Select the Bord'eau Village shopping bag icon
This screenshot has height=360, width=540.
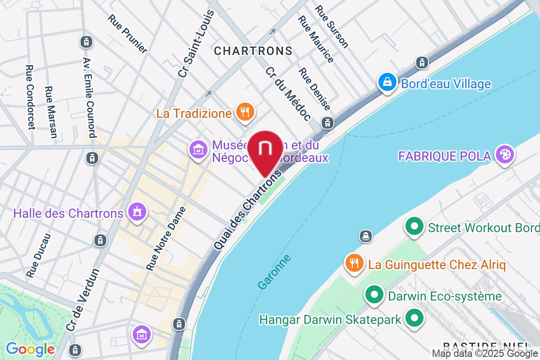click(x=387, y=83)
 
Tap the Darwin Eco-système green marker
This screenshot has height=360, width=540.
click(x=373, y=296)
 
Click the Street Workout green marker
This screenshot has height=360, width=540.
click(x=414, y=227)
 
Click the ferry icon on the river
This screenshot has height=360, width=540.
click(x=365, y=235)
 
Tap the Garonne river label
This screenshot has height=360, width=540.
click(x=274, y=272)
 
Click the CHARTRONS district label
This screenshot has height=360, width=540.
click(x=253, y=51)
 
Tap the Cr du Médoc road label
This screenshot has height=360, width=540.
click(x=288, y=94)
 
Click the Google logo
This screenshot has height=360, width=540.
click(x=30, y=349)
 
